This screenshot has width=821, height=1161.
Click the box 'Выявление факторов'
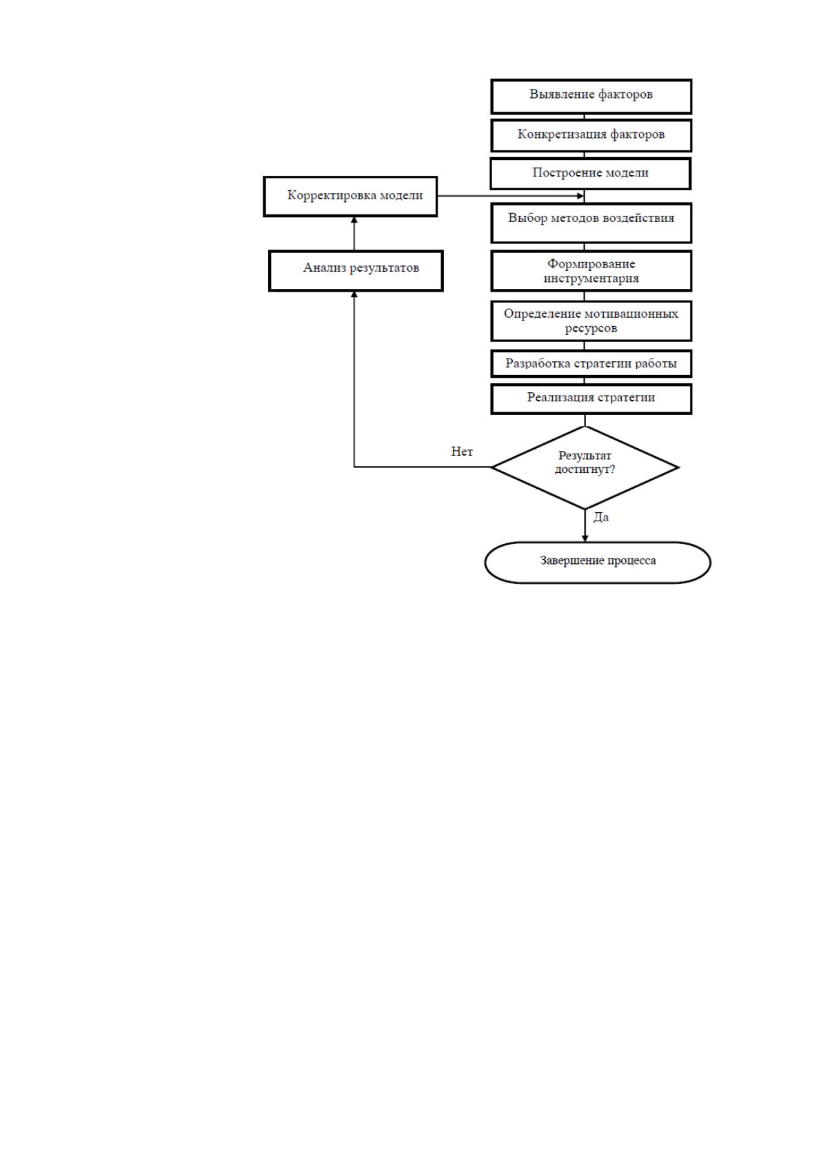coord(591,97)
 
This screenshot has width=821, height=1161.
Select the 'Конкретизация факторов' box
coord(591,136)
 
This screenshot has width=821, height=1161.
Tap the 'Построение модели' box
coord(590,174)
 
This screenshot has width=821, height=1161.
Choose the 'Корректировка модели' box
coord(350,196)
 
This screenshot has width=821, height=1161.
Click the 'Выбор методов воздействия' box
coord(591,223)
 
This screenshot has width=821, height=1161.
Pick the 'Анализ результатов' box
coord(356,271)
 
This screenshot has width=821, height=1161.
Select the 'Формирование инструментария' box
coord(591,271)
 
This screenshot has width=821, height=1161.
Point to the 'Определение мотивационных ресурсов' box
coord(591,321)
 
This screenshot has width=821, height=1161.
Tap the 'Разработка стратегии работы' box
coord(591,364)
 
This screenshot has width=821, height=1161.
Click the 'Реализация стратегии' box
coord(591,399)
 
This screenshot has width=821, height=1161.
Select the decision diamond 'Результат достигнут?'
coord(585,467)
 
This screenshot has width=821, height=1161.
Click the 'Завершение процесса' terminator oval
coord(598,563)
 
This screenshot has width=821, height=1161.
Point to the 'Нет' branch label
coord(462,452)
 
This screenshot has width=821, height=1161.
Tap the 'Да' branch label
coord(600,517)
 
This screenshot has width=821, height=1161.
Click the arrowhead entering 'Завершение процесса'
coord(585,538)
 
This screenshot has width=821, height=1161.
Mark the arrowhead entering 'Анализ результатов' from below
coord(354,294)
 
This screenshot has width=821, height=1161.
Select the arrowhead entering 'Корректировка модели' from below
coord(354,220)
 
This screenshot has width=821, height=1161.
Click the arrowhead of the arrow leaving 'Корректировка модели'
coord(580,196)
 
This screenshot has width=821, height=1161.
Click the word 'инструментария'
coord(591,279)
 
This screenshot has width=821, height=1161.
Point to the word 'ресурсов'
coord(591,329)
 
